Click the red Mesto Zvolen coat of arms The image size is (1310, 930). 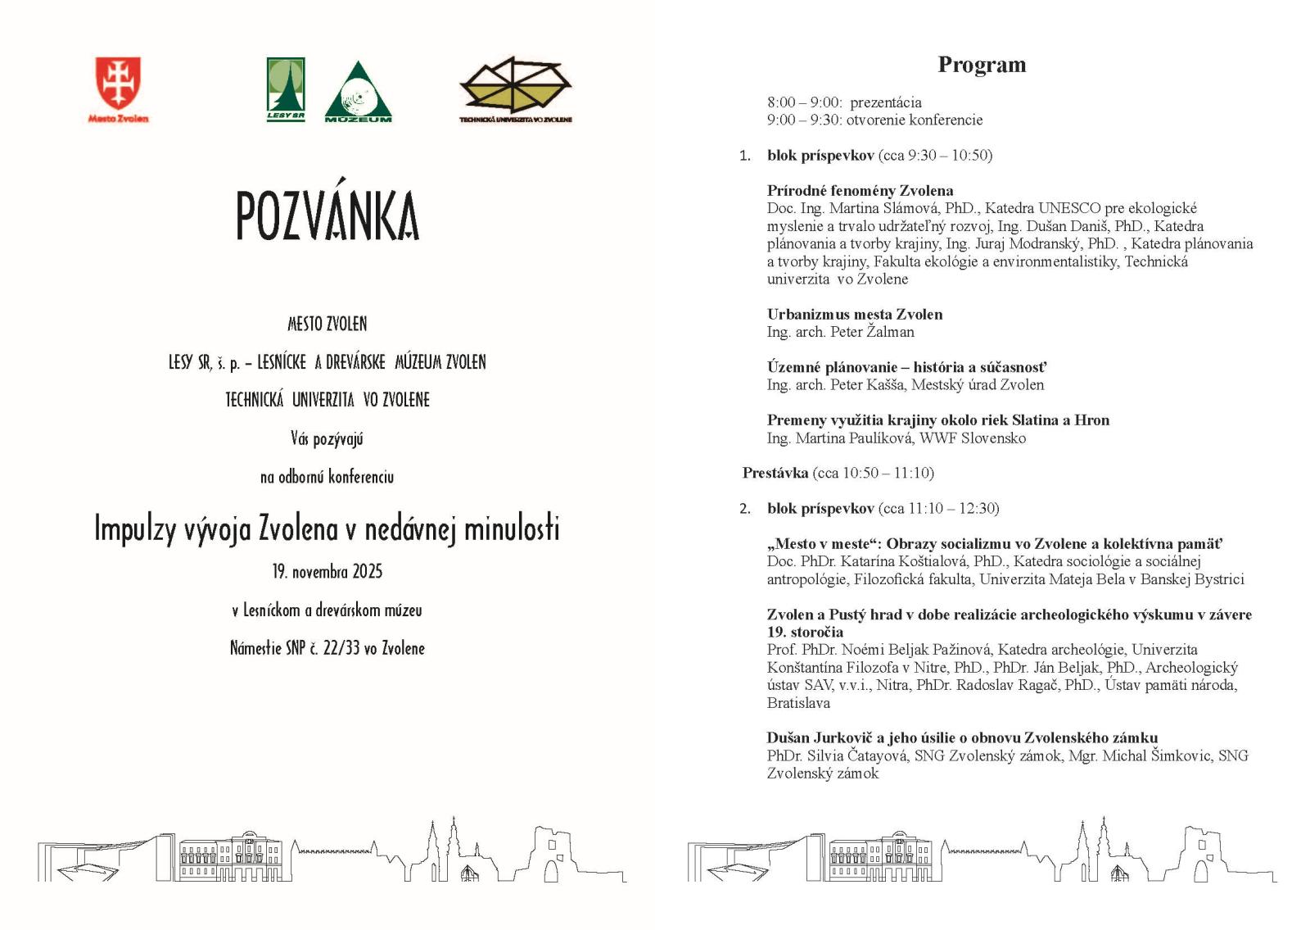coord(118,83)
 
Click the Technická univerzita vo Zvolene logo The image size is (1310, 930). coord(515,86)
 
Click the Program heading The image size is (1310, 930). coord(982,65)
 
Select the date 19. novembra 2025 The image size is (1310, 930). coord(327,571)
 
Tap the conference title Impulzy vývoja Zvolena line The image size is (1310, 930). coord(327,529)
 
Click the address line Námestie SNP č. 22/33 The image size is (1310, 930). coord(327,648)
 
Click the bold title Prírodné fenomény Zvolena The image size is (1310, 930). coord(860,191)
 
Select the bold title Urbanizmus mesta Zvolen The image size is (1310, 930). coord(854,315)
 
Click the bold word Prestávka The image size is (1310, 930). coord(775,473)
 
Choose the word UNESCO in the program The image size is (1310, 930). coord(1069,208)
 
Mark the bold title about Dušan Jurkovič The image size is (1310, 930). coord(962,737)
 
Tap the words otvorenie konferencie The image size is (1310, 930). coord(914,120)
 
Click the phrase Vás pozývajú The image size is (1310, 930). coord(327,438)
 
